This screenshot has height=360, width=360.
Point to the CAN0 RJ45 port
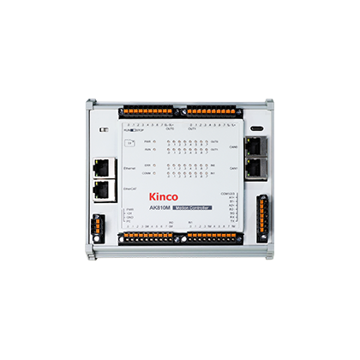pos(255,147)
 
